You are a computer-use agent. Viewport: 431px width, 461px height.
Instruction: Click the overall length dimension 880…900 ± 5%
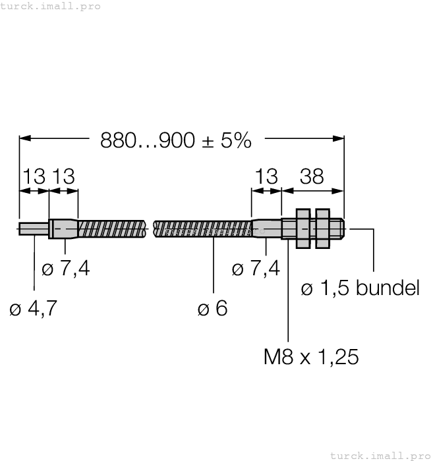click(176, 140)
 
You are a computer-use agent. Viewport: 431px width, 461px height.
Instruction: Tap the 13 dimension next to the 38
click(266, 176)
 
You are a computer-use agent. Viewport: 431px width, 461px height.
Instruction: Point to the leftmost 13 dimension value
click(34, 176)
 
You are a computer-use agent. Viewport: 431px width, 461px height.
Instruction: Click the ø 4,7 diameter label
click(33, 308)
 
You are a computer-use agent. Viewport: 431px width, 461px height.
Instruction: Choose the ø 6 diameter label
click(212, 308)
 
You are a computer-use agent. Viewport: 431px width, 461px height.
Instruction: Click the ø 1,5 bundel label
click(360, 288)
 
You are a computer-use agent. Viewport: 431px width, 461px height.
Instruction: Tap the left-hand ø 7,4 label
click(66, 268)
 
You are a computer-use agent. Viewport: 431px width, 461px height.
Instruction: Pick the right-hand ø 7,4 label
click(256, 268)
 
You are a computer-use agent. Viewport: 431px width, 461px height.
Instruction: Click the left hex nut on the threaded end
click(303, 229)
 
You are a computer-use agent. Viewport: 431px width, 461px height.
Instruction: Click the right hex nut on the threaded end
click(322, 229)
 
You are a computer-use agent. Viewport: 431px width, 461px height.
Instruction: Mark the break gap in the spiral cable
click(150, 229)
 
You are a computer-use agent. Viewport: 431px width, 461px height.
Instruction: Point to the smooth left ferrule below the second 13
click(64, 229)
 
